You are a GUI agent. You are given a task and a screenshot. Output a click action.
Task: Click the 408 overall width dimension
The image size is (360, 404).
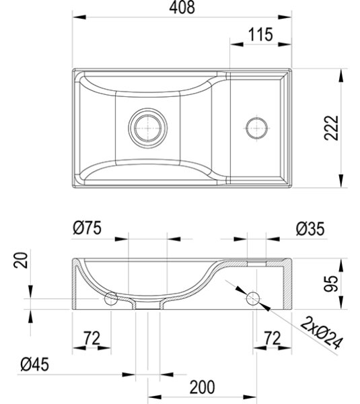click(182, 7)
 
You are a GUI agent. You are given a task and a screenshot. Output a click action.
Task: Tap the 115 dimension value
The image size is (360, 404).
click(260, 34)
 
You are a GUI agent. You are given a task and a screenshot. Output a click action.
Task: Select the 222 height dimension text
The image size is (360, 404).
click(331, 128)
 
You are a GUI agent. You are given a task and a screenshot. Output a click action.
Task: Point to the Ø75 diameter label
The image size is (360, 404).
click(87, 228)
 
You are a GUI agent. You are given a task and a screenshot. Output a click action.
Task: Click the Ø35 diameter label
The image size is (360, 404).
click(310, 229)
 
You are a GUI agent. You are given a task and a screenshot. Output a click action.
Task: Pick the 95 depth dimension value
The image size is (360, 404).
click(330, 283)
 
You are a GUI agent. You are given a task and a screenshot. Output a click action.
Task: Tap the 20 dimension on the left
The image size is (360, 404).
click(21, 260)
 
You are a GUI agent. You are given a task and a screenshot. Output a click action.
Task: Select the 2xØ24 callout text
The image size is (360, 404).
click(322, 333)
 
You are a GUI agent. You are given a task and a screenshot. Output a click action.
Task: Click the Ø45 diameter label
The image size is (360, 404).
click(35, 364)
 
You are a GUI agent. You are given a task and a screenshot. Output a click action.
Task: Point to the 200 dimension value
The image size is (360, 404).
click(202, 387)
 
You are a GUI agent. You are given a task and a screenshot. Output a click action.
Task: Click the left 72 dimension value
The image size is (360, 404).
click(92, 338)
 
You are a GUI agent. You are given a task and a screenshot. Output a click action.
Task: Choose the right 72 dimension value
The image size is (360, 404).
click(273, 338)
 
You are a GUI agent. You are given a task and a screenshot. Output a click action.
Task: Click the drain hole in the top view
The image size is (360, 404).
click(148, 128)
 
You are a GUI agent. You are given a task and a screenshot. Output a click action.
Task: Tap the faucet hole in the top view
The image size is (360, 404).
click(256, 128)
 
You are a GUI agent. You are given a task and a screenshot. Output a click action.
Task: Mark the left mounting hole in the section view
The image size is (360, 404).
click(111, 299)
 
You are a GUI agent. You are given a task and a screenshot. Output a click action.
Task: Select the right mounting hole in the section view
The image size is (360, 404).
click(253, 299)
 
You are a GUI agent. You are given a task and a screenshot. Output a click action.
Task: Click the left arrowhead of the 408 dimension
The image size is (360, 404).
click(79, 17)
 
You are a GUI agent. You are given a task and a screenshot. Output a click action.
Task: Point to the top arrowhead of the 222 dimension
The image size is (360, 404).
click(341, 75)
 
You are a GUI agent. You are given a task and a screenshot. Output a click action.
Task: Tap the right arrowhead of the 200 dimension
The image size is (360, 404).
click(250, 397)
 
